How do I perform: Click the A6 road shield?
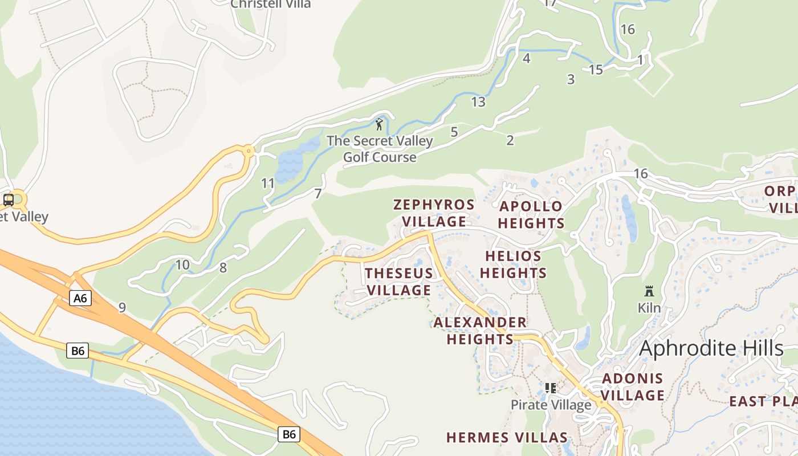tap(80, 298)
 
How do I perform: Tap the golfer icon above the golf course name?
tap(380, 124)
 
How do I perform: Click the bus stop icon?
tap(9, 199)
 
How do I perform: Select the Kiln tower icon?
tap(649, 291)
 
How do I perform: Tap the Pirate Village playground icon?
tap(550, 389)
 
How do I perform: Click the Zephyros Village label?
tap(434, 213)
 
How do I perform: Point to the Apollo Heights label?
tap(531, 214)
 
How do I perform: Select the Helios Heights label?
tap(513, 264)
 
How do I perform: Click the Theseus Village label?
tap(399, 282)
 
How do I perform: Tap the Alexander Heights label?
tap(480, 331)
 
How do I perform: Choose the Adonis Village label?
tap(633, 386)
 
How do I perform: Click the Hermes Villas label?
tap(507, 438)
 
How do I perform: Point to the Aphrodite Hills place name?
tap(711, 348)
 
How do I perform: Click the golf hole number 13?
tap(478, 102)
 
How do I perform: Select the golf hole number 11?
tap(268, 184)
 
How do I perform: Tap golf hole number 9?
tap(122, 308)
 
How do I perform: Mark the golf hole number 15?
tap(596, 70)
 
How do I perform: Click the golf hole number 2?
tap(510, 140)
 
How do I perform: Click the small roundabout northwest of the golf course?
tap(249, 151)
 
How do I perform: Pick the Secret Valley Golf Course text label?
tap(380, 149)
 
